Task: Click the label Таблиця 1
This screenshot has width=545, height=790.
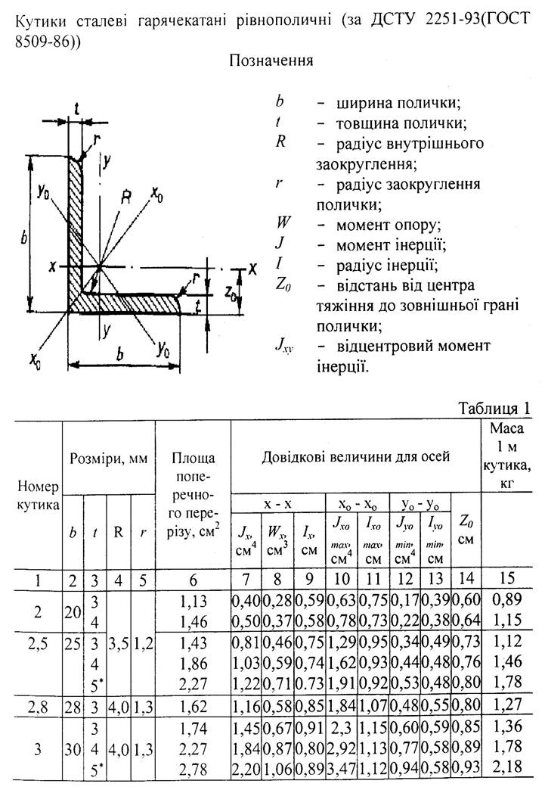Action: point(494,408)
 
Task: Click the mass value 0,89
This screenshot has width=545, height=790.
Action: point(507,599)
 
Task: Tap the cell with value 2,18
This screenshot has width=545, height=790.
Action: point(507,773)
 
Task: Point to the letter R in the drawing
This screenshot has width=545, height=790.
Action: point(128,198)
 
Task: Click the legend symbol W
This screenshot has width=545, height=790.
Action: point(282,225)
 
